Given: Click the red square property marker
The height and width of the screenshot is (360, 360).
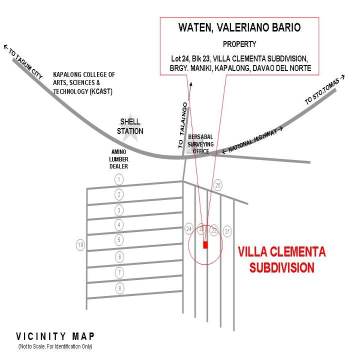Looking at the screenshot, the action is tap(205, 244).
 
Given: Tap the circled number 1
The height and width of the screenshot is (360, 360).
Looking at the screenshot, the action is tap(119, 179).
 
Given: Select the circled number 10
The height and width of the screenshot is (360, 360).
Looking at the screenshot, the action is tap(80, 244).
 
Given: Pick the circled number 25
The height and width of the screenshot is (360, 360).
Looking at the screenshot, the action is tap(217, 185).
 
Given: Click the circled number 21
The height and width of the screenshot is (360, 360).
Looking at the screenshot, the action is tap(227, 231).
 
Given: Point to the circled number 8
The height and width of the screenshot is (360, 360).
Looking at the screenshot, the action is tap(119, 288).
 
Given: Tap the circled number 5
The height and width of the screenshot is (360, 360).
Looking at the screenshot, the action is tap(119, 240).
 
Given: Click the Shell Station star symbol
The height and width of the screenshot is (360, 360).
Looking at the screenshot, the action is tap(130, 127).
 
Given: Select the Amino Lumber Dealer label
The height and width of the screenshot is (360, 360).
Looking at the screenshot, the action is tap(118, 159).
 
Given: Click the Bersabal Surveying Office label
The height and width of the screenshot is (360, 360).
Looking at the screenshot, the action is tap(200, 144).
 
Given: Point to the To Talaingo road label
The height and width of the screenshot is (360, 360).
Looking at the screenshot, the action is tap(183, 125).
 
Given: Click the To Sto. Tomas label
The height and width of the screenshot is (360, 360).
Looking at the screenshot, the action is tap(324, 90).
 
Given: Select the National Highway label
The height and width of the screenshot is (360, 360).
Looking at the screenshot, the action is tap(252, 140).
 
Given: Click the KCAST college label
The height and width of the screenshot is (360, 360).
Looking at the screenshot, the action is tap(84, 83).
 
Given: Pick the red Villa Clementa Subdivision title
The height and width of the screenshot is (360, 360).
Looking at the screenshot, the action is tap(281, 259).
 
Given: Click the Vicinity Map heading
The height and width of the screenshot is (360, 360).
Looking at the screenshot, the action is tap(55, 336).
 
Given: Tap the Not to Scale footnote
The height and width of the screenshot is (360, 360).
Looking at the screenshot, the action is tap(55, 346).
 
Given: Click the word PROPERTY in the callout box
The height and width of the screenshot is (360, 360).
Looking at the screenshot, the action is tap(239, 44).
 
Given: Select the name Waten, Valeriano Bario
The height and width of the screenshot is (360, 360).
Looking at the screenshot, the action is tap(239, 27).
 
